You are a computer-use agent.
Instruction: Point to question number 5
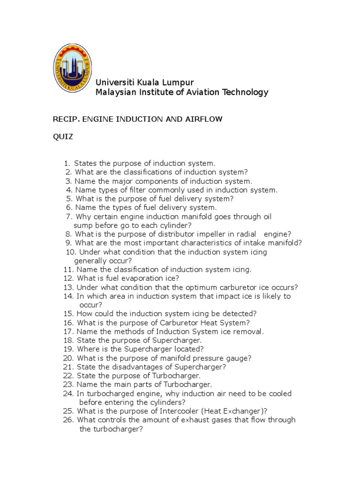pos(68,199)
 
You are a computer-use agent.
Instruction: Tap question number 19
pos(67,349)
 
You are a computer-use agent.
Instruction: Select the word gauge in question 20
pos(240,358)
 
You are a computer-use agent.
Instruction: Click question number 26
pos(67,420)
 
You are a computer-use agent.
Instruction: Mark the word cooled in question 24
pos(280,393)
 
